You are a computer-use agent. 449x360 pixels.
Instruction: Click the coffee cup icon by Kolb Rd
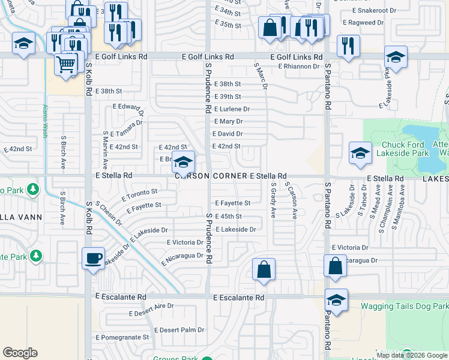(93, 258)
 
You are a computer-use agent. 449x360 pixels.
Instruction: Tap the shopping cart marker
(66, 63)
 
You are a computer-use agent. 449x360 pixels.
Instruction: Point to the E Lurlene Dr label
(232, 109)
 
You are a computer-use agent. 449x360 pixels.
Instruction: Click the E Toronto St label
(139, 194)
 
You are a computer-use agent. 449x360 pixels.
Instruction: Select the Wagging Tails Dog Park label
(404, 307)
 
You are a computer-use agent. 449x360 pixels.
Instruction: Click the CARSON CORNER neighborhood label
(211, 176)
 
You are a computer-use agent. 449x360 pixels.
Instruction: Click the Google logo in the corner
(20, 352)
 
